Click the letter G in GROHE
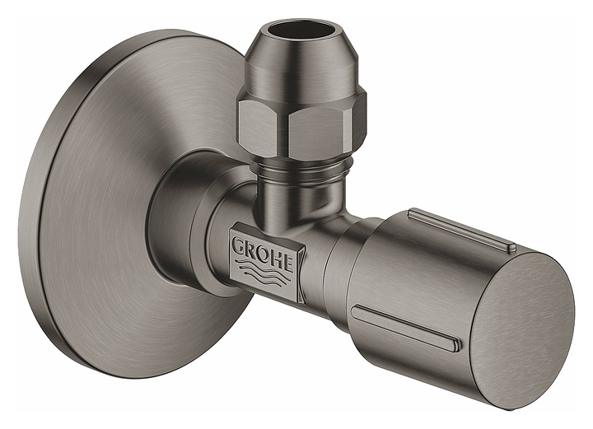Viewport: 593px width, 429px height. [x=237, y=246]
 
